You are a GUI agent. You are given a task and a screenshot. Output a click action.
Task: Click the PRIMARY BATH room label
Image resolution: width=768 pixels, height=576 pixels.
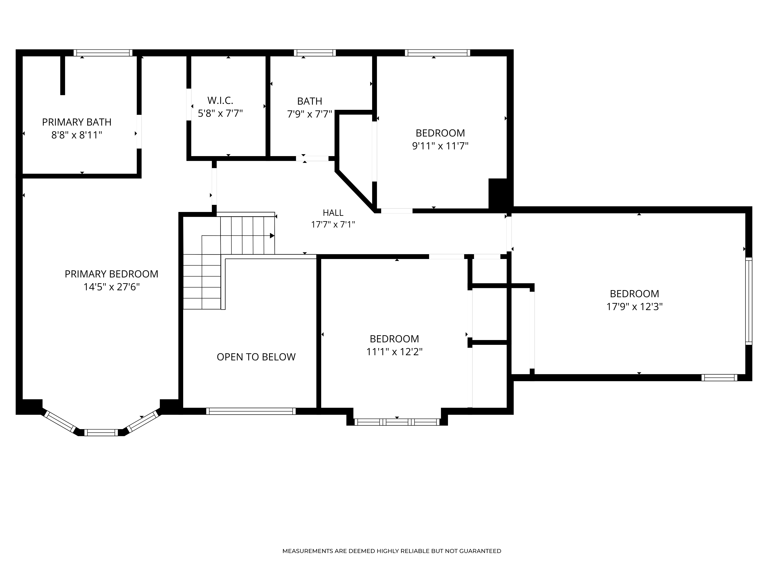77,122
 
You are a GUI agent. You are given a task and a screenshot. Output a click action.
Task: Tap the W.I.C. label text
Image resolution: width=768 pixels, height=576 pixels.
220,100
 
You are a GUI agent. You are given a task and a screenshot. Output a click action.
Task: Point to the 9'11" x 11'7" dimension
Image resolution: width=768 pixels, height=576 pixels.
440,146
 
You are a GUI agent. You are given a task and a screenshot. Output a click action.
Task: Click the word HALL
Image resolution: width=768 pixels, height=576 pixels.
333,213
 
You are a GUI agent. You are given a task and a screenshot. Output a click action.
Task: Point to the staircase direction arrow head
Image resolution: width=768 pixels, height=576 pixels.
272,236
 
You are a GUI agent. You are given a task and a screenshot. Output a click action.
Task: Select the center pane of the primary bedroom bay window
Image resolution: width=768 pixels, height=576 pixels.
101,433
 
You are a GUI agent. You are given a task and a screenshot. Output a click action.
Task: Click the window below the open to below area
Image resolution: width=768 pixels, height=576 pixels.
251,411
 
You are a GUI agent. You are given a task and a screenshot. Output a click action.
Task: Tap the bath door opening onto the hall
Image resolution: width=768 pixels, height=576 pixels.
312,158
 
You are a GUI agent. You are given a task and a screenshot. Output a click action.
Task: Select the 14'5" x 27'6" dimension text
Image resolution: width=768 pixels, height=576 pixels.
111,287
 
